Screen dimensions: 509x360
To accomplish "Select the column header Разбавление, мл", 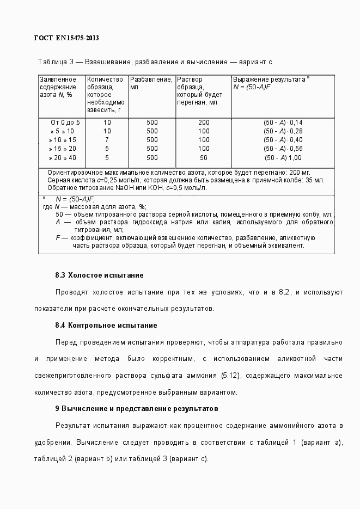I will (x=151, y=83).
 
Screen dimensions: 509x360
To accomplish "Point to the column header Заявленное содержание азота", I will (x=58, y=87).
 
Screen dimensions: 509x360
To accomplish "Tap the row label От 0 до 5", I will (x=65, y=122).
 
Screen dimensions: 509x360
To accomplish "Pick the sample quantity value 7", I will (x=107, y=140).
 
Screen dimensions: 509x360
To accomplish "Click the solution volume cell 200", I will (x=204, y=122).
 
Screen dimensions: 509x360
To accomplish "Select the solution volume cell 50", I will (x=204, y=158).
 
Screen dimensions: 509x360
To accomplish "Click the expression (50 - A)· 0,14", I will (x=283, y=122).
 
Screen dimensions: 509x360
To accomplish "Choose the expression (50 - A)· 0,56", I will (x=283, y=149).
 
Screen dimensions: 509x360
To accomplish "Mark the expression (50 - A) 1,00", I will (x=283, y=158).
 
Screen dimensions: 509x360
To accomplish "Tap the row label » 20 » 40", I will (x=62, y=158).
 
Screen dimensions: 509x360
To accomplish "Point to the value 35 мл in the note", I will (x=314, y=180).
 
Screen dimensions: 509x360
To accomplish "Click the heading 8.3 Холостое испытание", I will (x=99, y=275).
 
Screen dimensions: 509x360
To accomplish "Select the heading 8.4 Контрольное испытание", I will (x=106, y=325).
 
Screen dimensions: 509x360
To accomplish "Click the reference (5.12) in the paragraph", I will (x=233, y=376).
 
